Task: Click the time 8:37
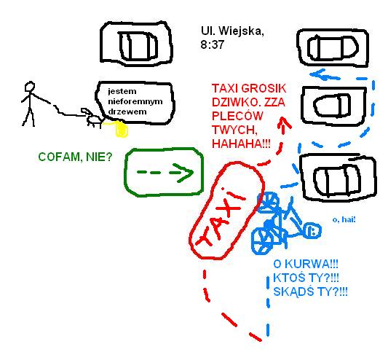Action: [x=212, y=44]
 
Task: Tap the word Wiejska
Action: [x=241, y=31]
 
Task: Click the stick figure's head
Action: [x=30, y=87]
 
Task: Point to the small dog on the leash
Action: [x=92, y=118]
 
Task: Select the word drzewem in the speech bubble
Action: [x=127, y=111]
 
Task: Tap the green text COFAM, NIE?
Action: [x=75, y=157]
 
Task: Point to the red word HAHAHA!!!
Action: [x=241, y=144]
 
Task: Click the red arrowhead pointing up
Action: [x=283, y=122]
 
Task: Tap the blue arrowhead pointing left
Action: [x=318, y=74]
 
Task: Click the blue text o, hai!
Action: [x=344, y=219]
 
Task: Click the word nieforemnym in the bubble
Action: [x=135, y=101]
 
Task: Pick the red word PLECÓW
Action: [x=237, y=116]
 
